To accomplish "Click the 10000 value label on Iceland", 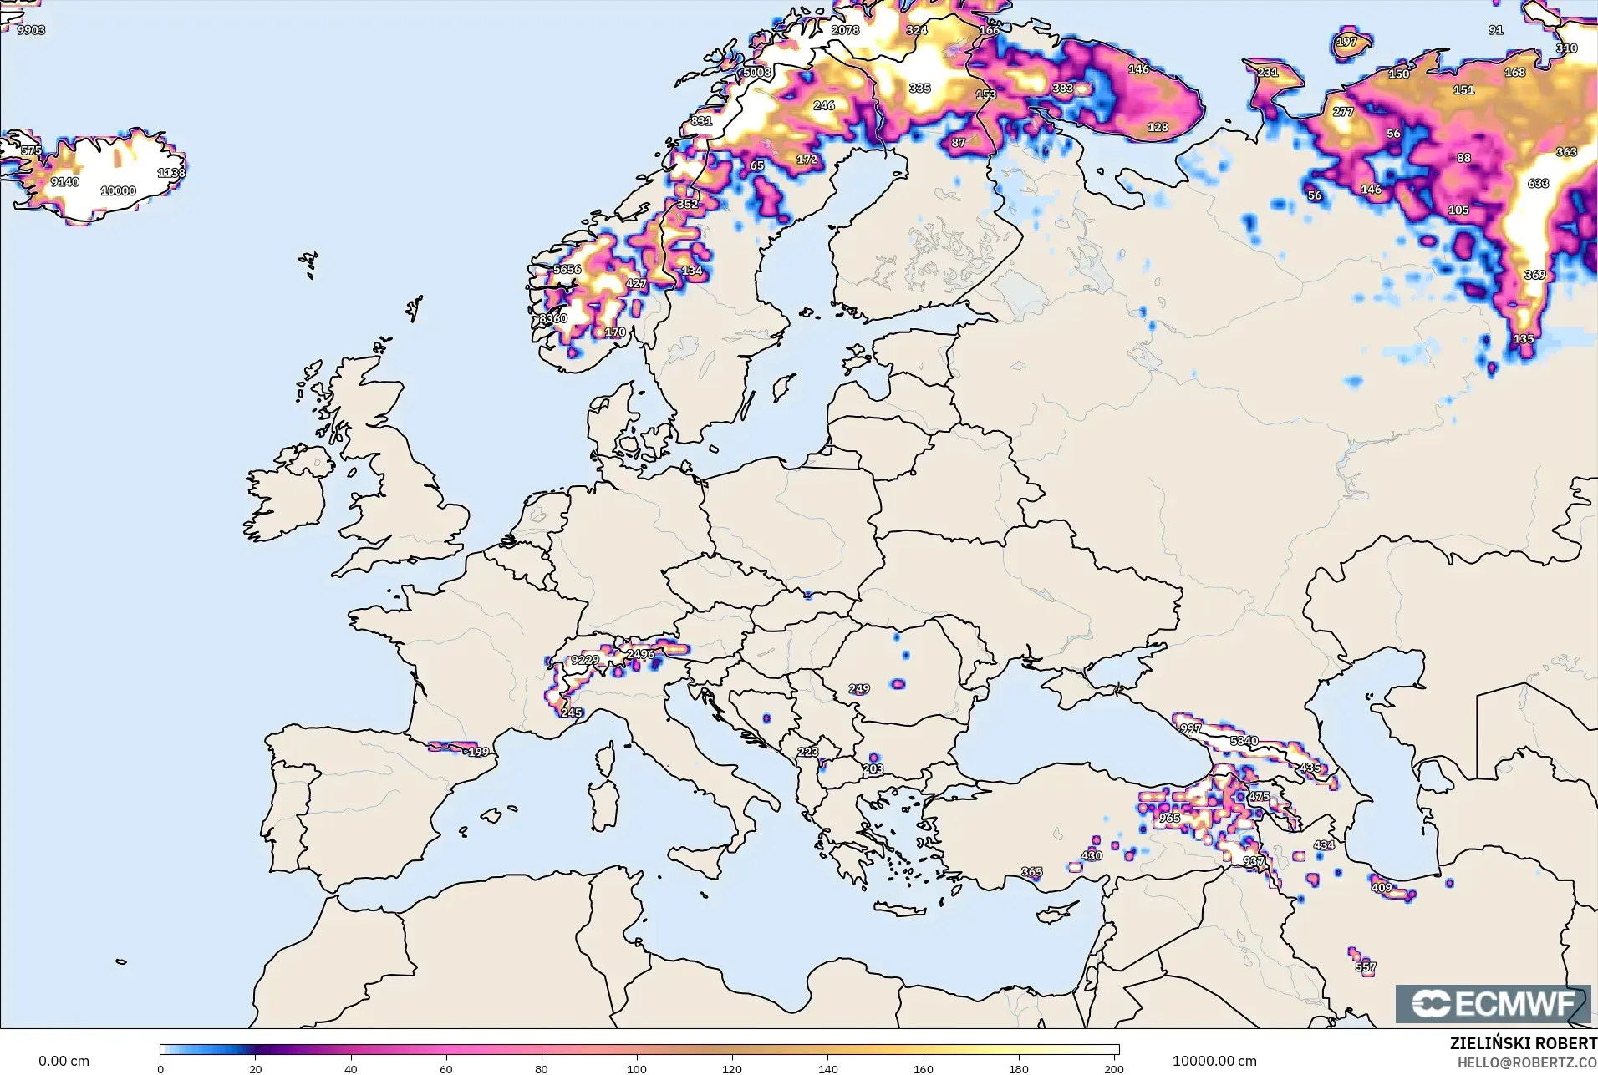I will click(x=118, y=190).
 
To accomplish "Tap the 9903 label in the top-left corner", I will click(x=31, y=30).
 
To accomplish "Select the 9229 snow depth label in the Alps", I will click(x=584, y=660).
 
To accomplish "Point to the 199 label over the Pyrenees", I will click(x=478, y=752).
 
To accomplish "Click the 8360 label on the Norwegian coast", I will click(x=552, y=318).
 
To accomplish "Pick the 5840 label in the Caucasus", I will click(x=1244, y=741).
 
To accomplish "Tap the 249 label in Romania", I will click(x=859, y=689).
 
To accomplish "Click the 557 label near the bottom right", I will click(x=1365, y=967).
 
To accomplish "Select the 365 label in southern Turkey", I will click(x=1031, y=871).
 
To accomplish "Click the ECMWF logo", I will click(x=1493, y=1004).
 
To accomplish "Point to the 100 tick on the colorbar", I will click(x=637, y=1069).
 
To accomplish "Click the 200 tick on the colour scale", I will click(x=1113, y=1069).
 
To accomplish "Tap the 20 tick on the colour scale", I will click(x=256, y=1069).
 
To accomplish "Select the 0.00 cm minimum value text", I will click(x=64, y=1061).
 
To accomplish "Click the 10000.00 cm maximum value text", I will click(x=1214, y=1061).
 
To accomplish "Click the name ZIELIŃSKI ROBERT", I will click(x=1523, y=1043).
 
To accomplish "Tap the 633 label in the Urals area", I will click(x=1538, y=183).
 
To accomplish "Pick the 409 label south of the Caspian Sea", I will click(x=1382, y=888).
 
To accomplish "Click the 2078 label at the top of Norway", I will click(x=845, y=30).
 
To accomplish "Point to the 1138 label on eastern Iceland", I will click(x=171, y=173).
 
